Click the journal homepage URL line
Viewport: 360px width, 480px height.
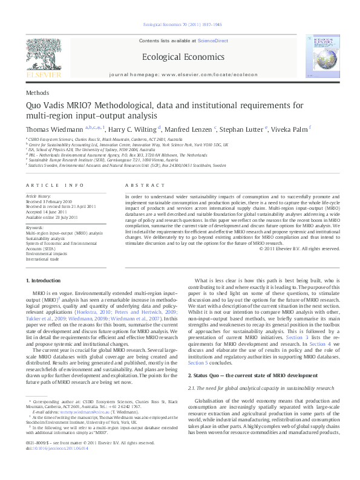click(180, 74)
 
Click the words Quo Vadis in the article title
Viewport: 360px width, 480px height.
click(45, 106)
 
